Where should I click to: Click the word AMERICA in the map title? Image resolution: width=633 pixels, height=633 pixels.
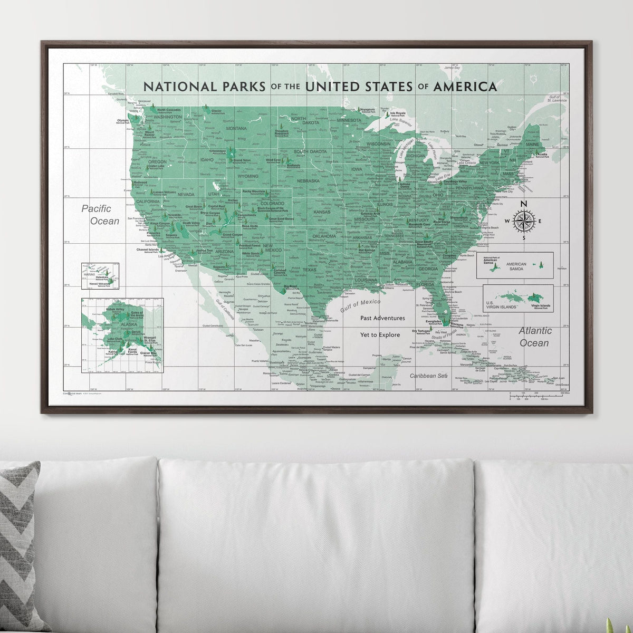[465, 86]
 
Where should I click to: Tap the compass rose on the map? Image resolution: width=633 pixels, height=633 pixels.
[523, 220]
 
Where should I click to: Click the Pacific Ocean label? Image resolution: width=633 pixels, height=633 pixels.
[100, 215]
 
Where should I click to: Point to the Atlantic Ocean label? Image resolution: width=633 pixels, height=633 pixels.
[535, 337]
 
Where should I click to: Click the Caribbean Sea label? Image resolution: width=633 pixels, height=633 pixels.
[429, 376]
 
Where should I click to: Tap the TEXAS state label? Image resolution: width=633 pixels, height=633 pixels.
[310, 270]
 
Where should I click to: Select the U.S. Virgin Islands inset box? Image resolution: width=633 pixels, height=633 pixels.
[518, 299]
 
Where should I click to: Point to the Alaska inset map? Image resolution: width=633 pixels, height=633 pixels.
[122, 334]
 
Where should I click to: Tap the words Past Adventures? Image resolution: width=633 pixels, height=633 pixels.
[382, 318]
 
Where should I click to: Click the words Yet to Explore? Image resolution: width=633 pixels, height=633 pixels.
[380, 334]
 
